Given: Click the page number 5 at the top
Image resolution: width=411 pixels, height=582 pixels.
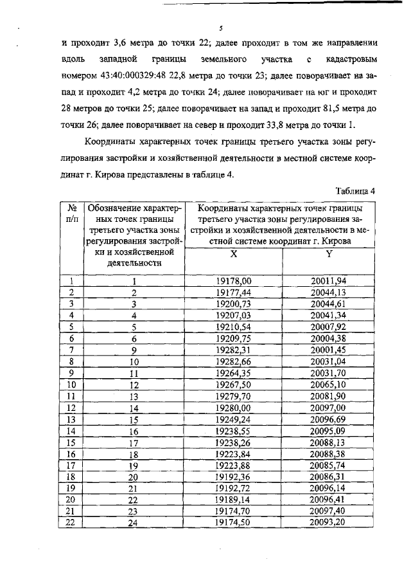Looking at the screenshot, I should click(220, 29).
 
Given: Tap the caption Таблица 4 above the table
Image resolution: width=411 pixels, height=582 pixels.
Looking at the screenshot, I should click(355, 191).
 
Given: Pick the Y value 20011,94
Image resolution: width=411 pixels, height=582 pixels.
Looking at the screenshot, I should click(328, 281).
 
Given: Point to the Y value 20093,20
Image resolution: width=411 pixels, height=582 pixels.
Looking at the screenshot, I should click(328, 522).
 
